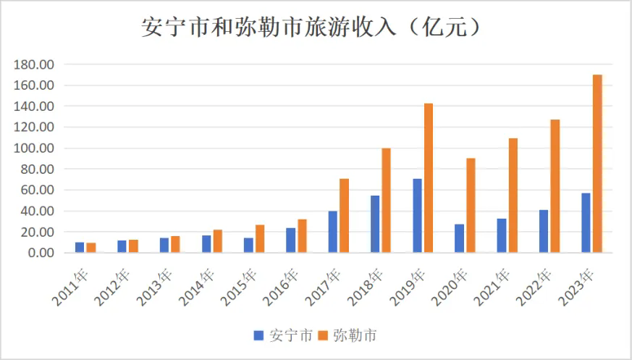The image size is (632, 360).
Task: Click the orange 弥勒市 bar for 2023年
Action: (597, 164)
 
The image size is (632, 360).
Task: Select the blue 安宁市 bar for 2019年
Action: (418, 215)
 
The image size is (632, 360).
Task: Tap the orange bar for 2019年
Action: (429, 178)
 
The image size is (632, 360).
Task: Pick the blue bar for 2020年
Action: (460, 238)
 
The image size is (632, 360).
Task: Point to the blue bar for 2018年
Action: (375, 224)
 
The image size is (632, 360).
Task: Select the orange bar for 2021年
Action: (513, 195)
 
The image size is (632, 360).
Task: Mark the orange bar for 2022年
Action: (555, 186)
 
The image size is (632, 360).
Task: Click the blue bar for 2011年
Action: (80, 247)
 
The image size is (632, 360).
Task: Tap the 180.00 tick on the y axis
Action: (34, 64)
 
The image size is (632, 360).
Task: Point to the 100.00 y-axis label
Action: (34, 148)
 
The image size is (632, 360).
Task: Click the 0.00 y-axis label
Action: (40, 253)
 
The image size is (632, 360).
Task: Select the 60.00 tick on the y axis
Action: (37, 191)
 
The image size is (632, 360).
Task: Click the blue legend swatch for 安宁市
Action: (258, 335)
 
